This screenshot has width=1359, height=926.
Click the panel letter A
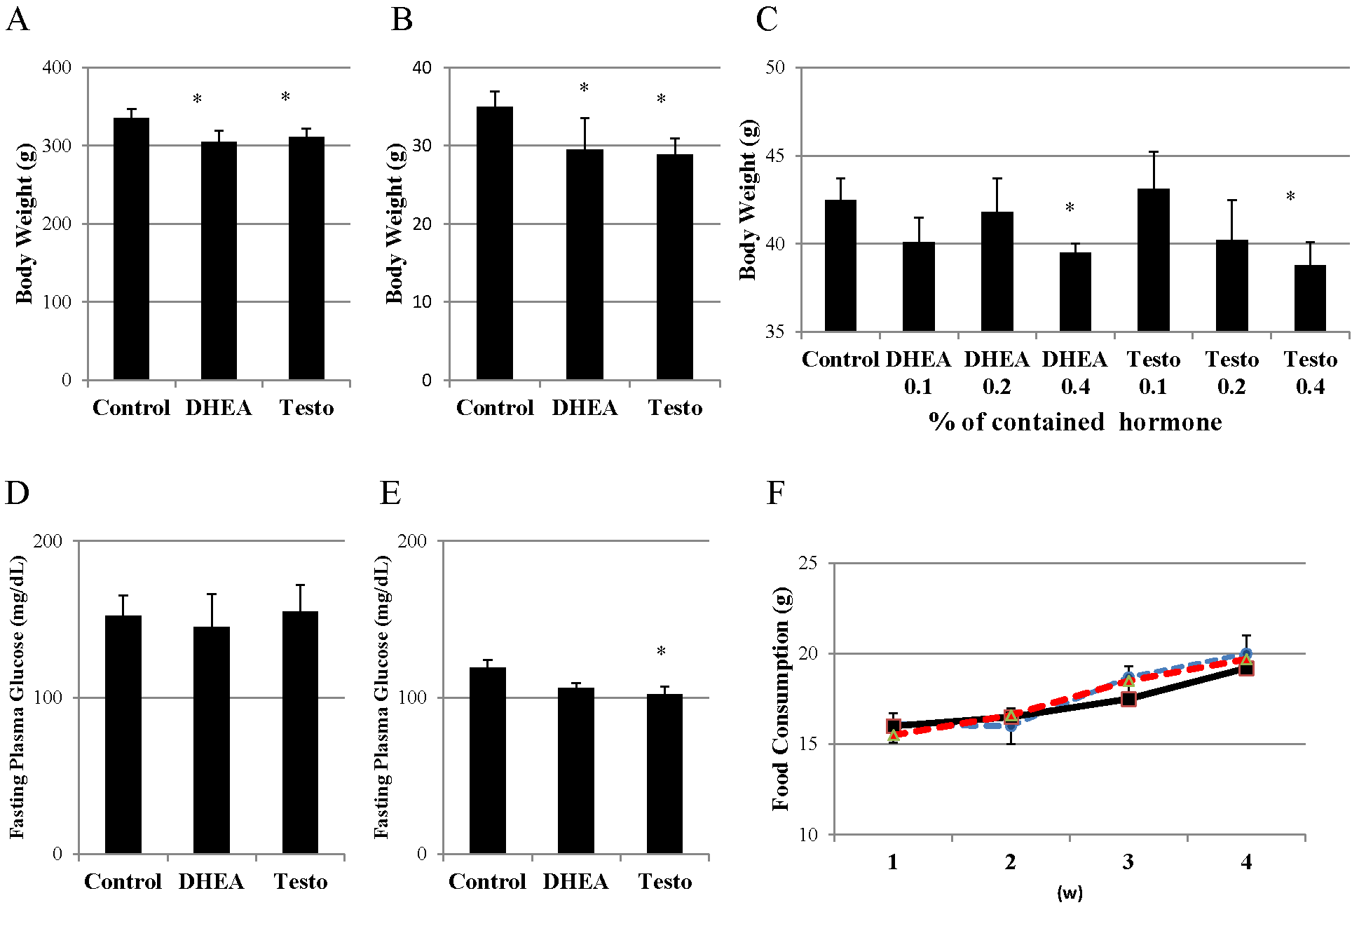point(18,20)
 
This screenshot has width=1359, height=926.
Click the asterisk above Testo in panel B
point(661,100)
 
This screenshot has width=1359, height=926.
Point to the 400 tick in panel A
point(57,67)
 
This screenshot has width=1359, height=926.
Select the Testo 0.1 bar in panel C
point(1153,260)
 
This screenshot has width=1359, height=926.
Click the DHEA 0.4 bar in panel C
point(1074,292)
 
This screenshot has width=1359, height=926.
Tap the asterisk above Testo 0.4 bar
point(1290,197)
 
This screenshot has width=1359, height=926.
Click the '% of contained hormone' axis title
point(1075,422)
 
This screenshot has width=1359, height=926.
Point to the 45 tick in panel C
point(775,156)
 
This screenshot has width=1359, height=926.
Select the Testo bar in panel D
point(300,732)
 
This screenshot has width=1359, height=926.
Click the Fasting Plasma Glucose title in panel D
point(18,697)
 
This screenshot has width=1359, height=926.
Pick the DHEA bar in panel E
point(575,770)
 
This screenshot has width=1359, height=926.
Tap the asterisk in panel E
point(661,652)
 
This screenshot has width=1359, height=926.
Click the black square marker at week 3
point(1128,699)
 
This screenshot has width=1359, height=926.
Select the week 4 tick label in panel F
point(1245,862)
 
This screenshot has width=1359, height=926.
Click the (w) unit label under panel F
point(1070,893)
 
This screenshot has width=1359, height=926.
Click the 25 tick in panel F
point(808,563)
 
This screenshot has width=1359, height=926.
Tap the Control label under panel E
point(487,881)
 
